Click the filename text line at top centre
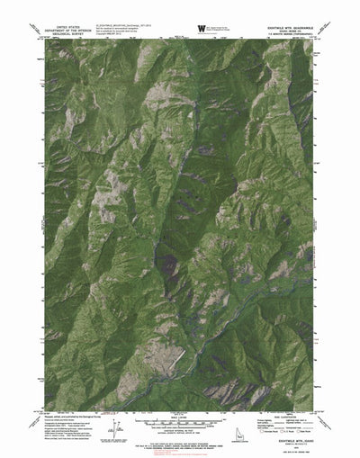pos(144,27)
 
